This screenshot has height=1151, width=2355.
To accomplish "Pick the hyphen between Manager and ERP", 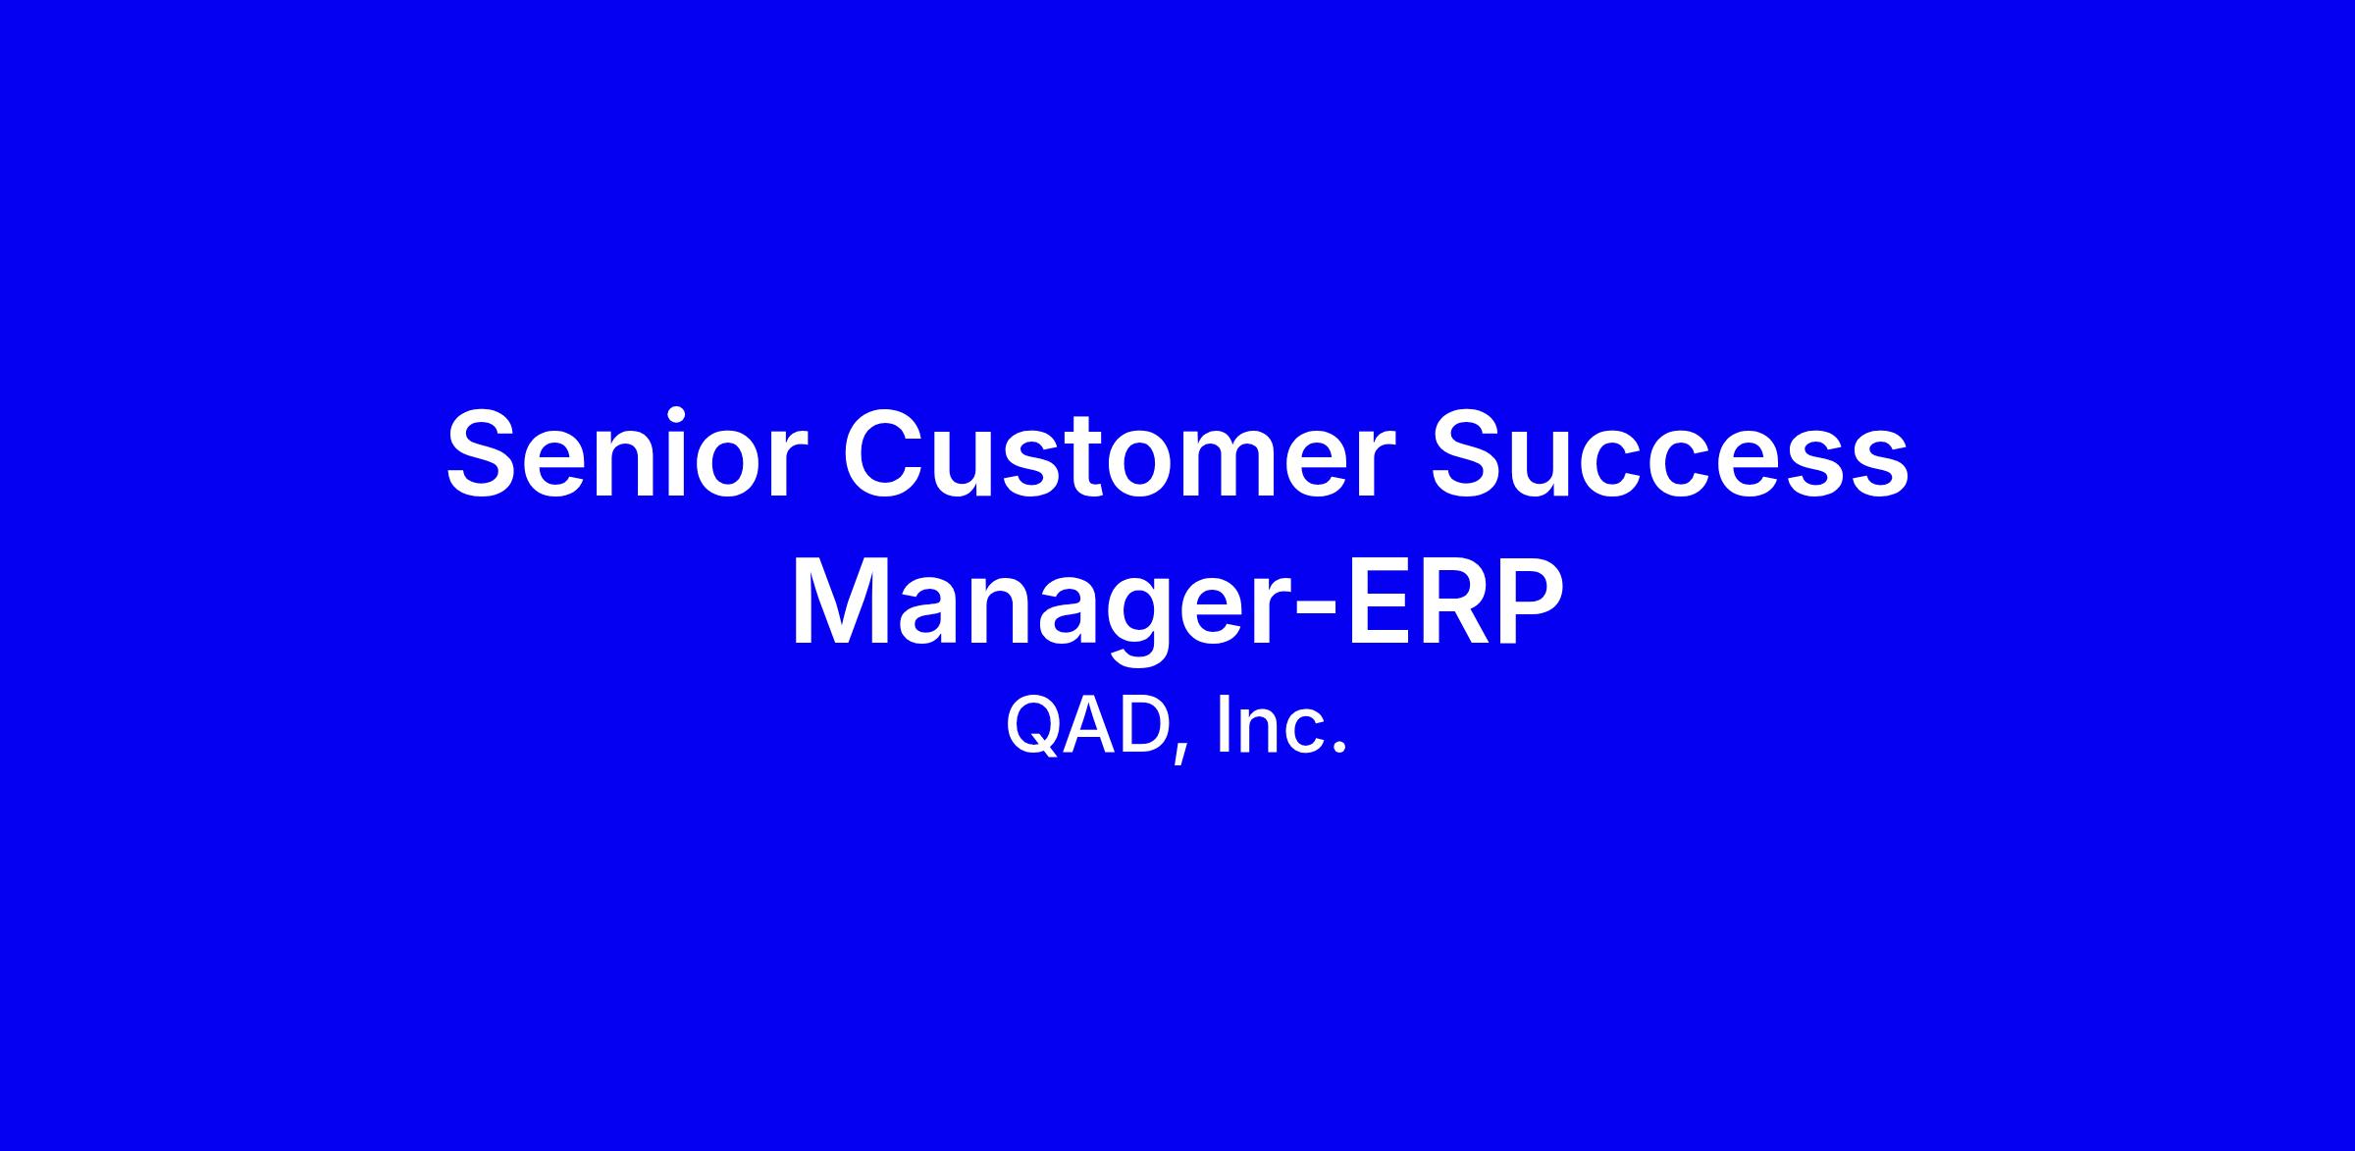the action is point(1318,613).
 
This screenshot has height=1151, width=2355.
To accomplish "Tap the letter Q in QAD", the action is point(1035,727).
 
